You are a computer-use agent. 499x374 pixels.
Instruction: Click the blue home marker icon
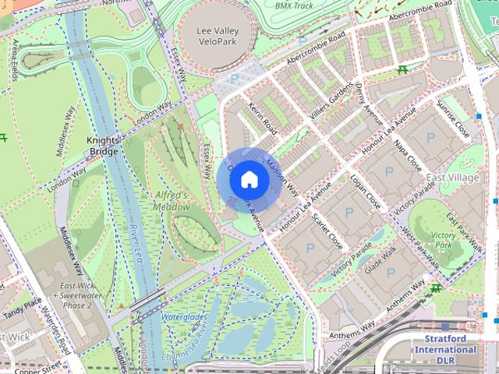[248, 179]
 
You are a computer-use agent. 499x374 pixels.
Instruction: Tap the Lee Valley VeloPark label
[218, 36]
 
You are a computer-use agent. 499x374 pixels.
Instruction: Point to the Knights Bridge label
[102, 146]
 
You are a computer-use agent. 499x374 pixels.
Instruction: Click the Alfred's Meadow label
[172, 201]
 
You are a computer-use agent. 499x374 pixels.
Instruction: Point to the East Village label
[452, 178]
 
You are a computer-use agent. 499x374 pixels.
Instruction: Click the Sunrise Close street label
[452, 117]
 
